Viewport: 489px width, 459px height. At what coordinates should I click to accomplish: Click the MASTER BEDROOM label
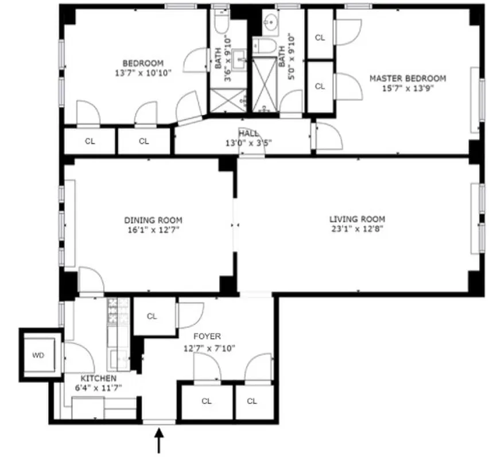click(407, 79)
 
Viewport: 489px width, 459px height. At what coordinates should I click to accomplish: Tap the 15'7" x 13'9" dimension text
click(407, 89)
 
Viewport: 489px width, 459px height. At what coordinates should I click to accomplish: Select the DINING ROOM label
click(153, 220)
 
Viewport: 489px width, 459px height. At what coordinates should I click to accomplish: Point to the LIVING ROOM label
click(357, 219)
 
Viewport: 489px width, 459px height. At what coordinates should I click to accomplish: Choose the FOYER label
click(207, 337)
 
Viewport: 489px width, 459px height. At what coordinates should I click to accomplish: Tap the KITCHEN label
click(98, 379)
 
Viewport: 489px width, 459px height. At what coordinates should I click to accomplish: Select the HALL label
click(249, 133)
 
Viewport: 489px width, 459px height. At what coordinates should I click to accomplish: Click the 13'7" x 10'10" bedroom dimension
click(143, 73)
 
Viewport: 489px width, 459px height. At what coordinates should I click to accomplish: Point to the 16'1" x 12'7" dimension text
click(153, 230)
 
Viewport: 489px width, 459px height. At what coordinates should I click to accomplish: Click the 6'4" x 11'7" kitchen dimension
click(98, 388)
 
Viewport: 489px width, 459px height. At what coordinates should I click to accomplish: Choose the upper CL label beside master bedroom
click(320, 38)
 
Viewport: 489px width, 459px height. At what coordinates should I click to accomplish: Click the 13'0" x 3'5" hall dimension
click(249, 142)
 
